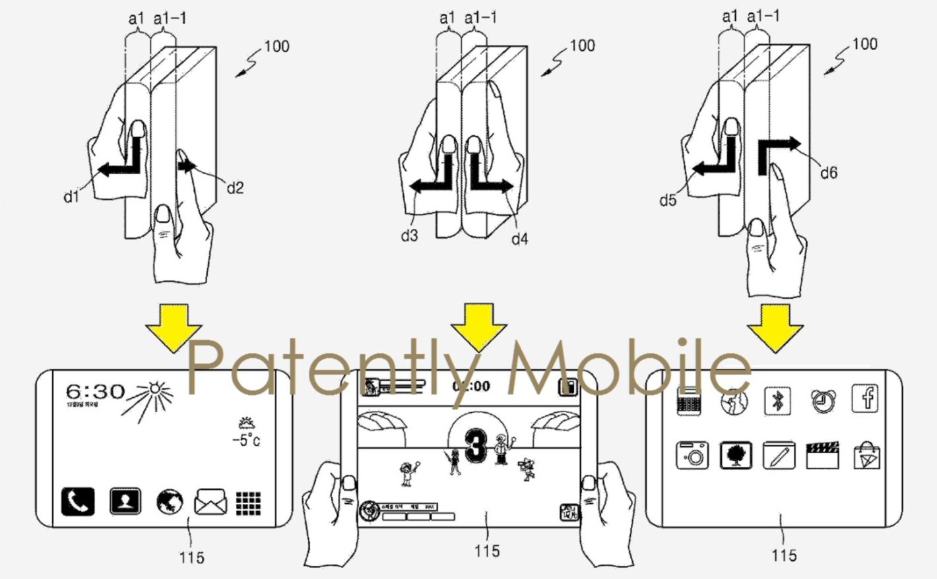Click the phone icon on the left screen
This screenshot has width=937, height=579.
tap(78, 502)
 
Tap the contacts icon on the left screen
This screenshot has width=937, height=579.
tap(125, 502)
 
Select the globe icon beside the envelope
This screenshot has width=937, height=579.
tap(170, 503)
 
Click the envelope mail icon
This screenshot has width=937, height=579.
tap(210, 503)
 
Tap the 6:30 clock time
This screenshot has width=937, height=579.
tap(95, 391)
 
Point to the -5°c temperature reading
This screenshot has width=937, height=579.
tap(246, 440)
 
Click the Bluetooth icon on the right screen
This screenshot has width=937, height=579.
tap(777, 400)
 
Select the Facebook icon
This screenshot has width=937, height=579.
tap(866, 398)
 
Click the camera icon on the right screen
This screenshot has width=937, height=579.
tap(692, 456)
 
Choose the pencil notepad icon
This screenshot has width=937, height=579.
tap(779, 456)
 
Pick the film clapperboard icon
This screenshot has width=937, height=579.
tap(822, 456)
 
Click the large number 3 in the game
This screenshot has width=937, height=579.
tap(476, 446)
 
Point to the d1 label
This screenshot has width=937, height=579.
tap(71, 197)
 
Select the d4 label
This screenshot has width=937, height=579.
tap(519, 239)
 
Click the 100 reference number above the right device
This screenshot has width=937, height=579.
tap(864, 44)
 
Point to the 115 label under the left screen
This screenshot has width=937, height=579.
tap(191, 558)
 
